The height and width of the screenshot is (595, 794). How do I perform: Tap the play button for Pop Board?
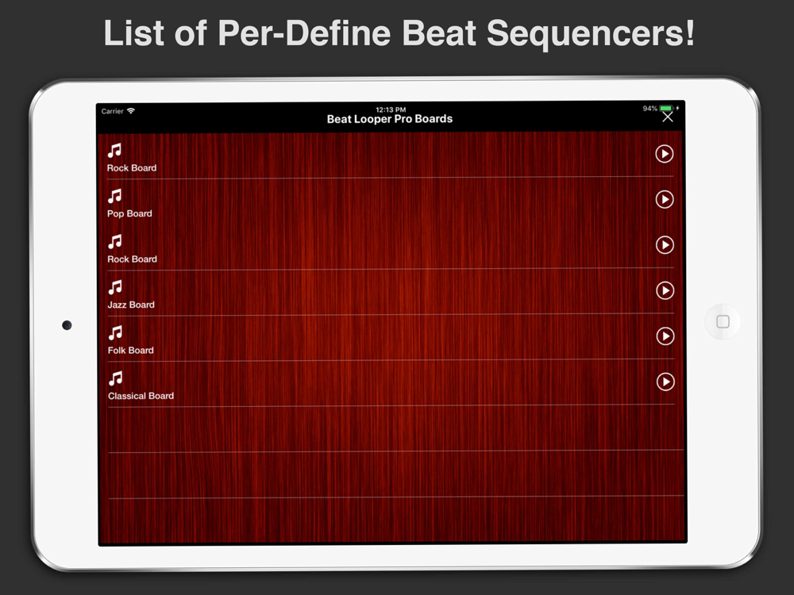[665, 199]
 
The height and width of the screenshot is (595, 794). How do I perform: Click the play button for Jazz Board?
[665, 290]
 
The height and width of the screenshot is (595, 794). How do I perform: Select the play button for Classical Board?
[665, 382]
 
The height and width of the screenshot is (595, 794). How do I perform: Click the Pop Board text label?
[129, 213]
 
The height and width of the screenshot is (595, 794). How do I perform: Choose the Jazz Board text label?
[131, 305]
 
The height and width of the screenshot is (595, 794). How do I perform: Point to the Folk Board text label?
[131, 350]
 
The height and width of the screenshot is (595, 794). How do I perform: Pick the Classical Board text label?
[141, 396]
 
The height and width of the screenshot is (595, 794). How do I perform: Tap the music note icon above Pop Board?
[115, 196]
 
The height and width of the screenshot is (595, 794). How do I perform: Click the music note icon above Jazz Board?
[115, 287]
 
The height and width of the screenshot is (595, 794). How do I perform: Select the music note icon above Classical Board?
[116, 378]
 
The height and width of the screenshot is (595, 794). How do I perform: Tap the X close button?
[668, 117]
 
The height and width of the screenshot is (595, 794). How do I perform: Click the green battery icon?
[666, 108]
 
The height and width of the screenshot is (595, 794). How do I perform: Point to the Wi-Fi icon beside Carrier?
[131, 111]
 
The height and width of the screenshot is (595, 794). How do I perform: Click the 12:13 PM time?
[391, 109]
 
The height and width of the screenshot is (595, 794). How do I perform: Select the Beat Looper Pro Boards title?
[390, 119]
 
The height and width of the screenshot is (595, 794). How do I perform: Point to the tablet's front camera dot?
[67, 324]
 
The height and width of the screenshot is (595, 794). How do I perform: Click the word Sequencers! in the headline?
[591, 33]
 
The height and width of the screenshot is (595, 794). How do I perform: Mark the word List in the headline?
[134, 33]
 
